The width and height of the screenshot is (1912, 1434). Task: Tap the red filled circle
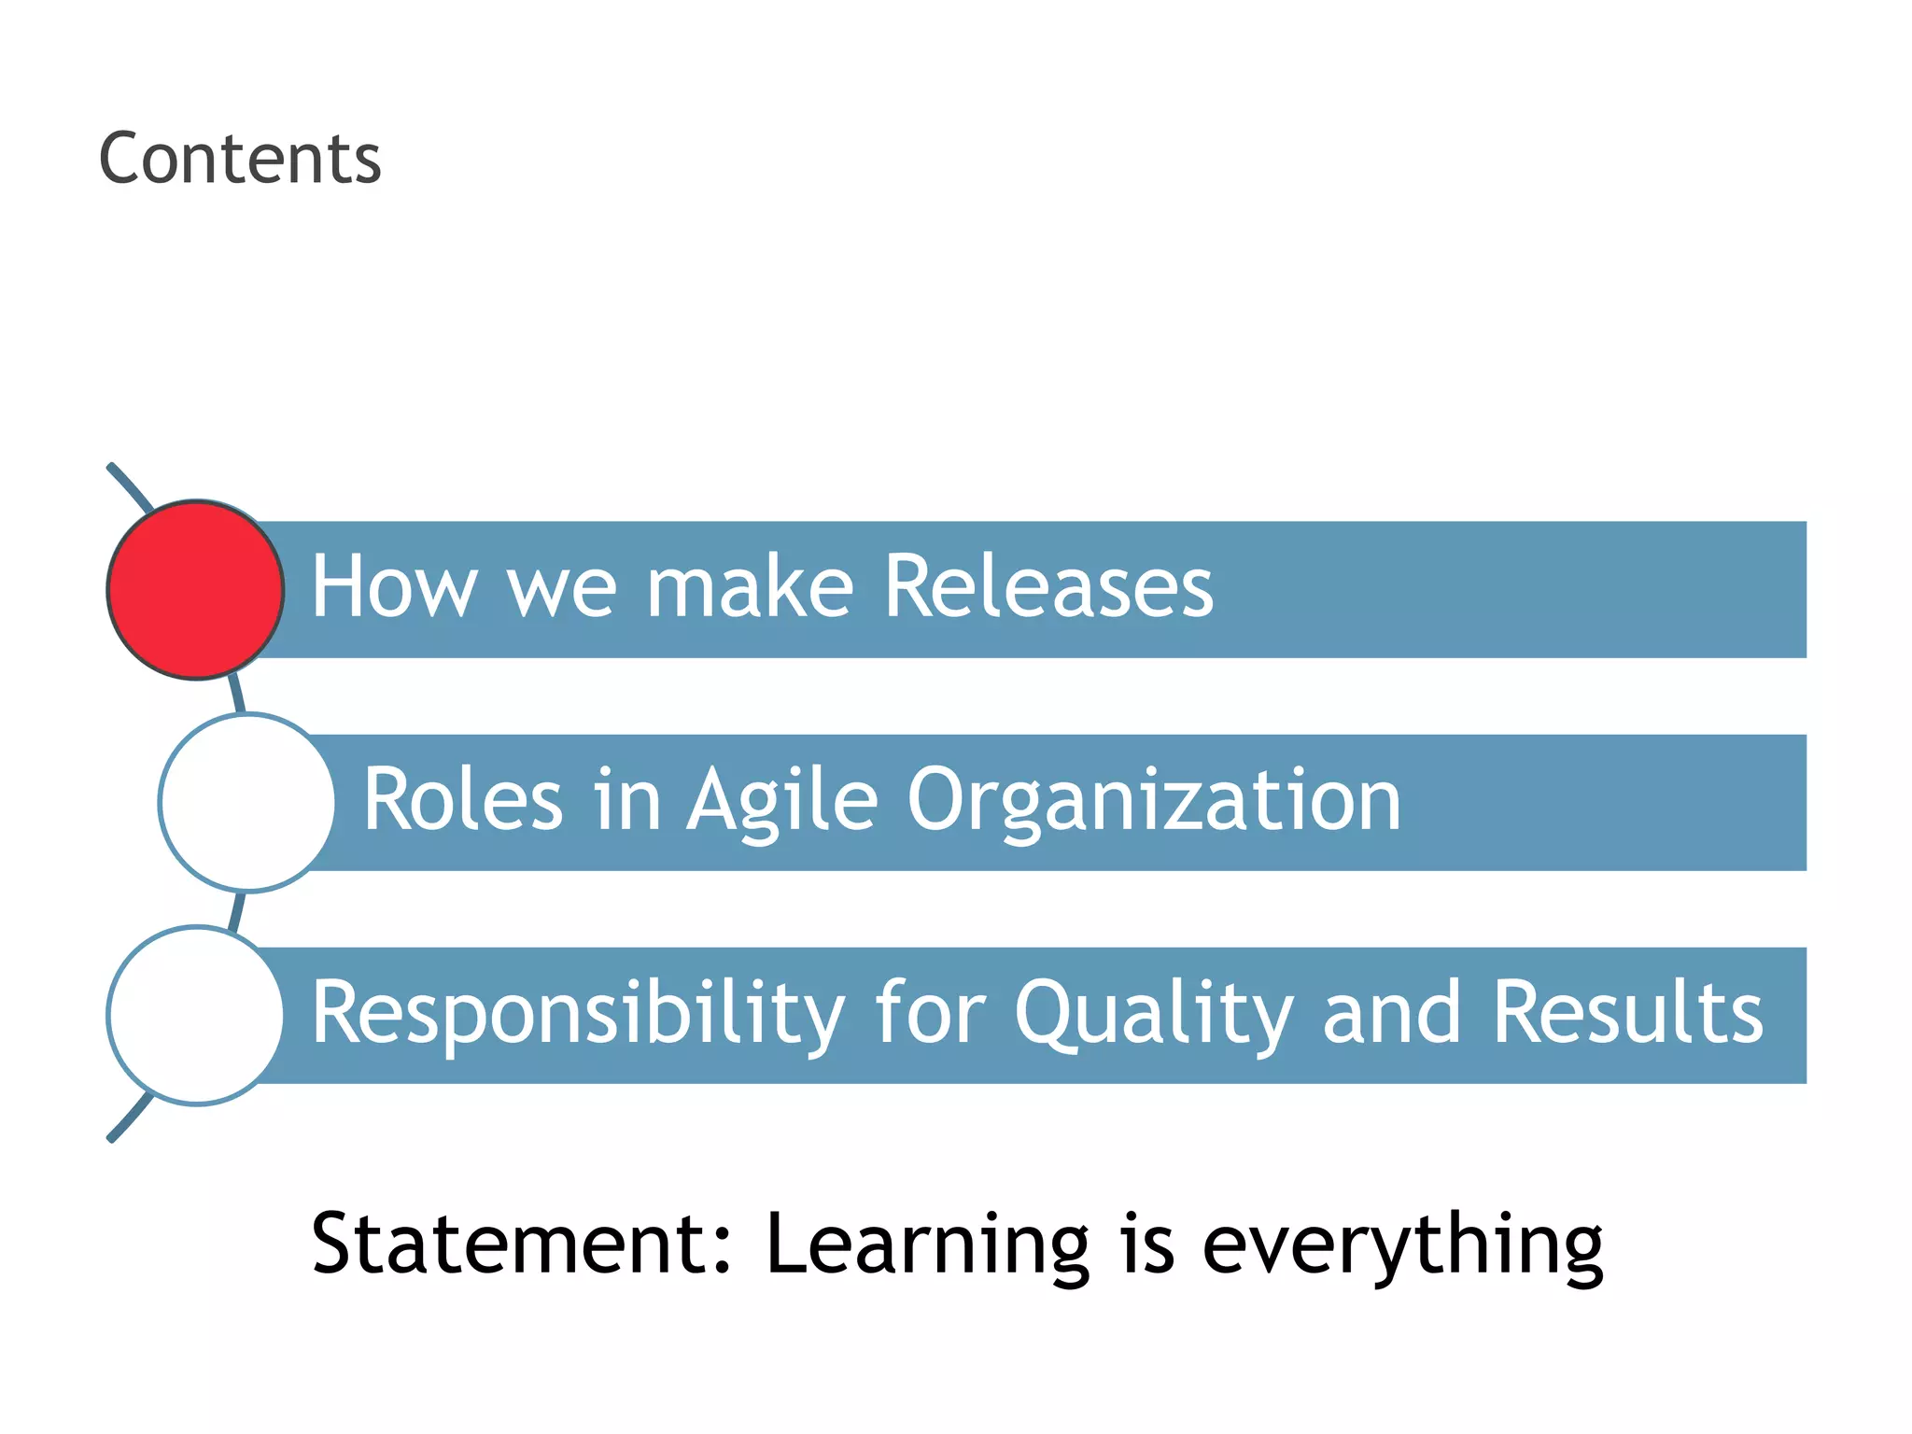pos(196,589)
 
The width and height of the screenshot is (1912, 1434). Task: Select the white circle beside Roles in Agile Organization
pos(247,802)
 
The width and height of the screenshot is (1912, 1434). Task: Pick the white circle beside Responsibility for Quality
pos(196,1015)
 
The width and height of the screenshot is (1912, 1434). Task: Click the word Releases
pos(1047,586)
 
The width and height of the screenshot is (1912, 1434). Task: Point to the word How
pos(393,586)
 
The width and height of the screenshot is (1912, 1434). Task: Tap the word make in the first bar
pos(750,586)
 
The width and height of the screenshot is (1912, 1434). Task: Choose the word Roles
pos(463,799)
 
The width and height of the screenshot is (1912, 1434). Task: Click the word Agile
pos(782,801)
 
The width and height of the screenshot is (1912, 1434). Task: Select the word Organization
pos(1154,801)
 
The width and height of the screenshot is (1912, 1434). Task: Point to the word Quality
pos(1154,1014)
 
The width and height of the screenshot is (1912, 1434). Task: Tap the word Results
pos(1627,1012)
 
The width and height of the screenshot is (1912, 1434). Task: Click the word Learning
pos(927,1245)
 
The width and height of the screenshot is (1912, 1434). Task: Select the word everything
pos(1402,1245)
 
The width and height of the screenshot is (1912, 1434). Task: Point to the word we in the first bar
pos(561,588)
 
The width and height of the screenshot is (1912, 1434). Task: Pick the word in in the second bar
pos(626,799)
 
